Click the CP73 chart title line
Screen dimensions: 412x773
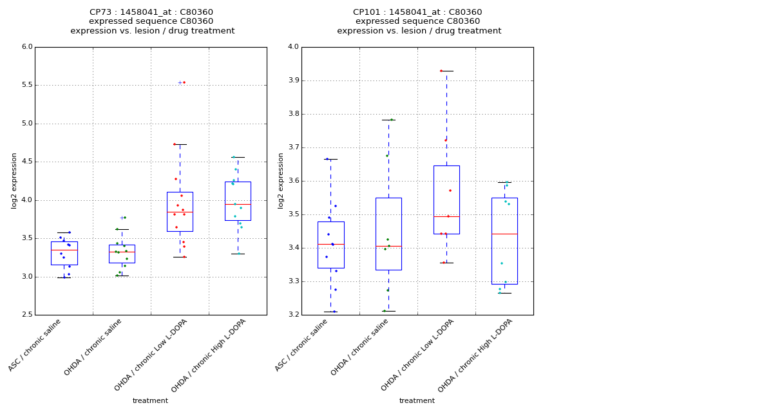click(x=151, y=12)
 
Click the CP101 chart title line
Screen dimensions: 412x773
click(x=417, y=12)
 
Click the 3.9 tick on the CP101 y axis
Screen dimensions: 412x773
click(x=292, y=80)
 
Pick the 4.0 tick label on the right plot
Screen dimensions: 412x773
click(x=292, y=47)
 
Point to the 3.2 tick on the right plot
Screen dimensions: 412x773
click(x=292, y=315)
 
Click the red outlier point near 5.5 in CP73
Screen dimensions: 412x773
click(x=184, y=82)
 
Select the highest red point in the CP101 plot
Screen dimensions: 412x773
click(x=441, y=71)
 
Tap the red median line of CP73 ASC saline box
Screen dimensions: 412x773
click(x=64, y=250)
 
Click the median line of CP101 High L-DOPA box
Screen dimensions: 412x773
click(x=504, y=234)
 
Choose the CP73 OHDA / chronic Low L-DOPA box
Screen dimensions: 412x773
click(x=180, y=211)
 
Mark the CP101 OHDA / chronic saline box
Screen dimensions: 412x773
click(x=388, y=234)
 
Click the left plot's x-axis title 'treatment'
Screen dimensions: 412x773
click(x=150, y=400)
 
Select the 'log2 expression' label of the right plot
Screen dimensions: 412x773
click(x=281, y=180)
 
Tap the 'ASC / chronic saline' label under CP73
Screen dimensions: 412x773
click(x=36, y=344)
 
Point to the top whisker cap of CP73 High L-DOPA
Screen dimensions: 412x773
click(x=238, y=157)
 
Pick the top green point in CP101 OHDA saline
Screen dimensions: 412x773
click(x=391, y=120)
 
